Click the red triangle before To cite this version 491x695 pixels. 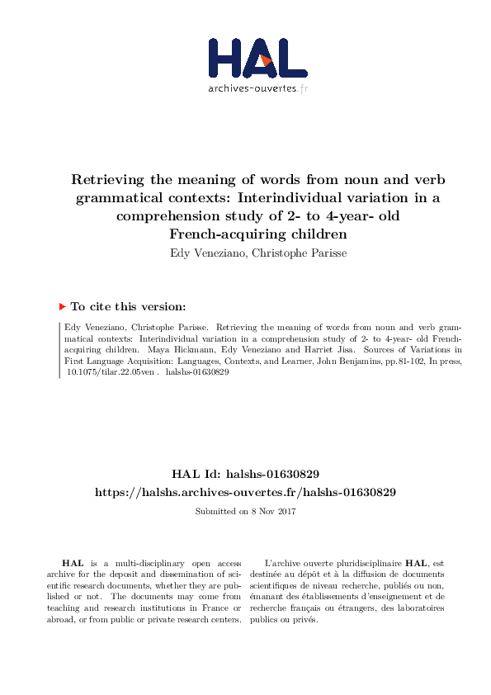(61, 305)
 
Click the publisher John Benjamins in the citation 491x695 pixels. (344, 361)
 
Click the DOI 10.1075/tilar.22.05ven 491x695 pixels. (108, 372)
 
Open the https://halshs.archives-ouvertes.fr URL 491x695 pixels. (245, 492)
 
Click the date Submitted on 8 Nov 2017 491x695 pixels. (245, 512)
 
